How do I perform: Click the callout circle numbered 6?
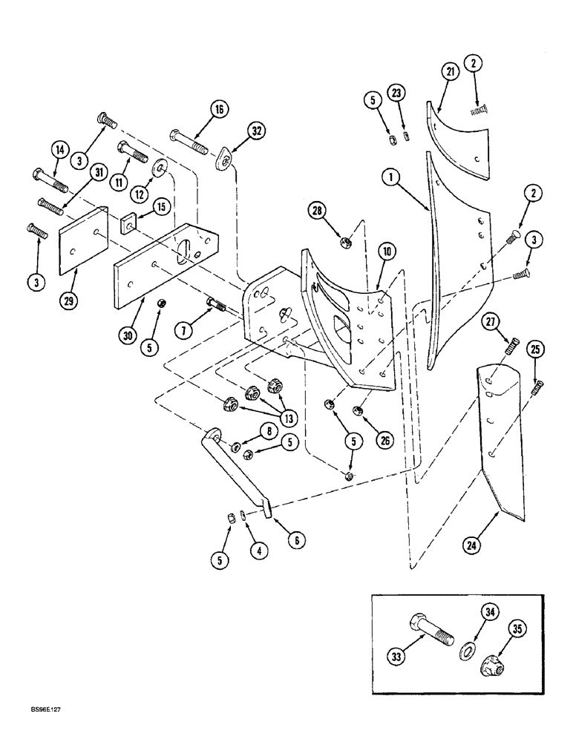(295, 541)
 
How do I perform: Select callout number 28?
(318, 211)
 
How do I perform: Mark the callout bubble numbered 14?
(59, 149)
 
